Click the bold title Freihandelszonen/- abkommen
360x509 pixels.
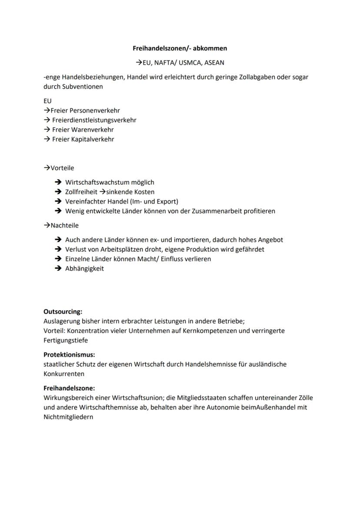pos(180,48)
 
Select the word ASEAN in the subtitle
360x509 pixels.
pos(214,63)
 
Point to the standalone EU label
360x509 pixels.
pos(47,101)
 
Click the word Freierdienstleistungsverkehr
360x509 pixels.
pos(94,120)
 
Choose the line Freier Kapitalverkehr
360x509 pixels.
pos(83,139)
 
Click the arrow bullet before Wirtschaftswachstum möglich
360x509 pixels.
pos(58,183)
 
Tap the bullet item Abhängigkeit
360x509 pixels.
pos(84,268)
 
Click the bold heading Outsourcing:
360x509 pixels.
pos(63,312)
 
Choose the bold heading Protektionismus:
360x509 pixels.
pos(69,355)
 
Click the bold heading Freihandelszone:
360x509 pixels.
pos(69,388)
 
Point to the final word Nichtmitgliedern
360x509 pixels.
pos(68,417)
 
